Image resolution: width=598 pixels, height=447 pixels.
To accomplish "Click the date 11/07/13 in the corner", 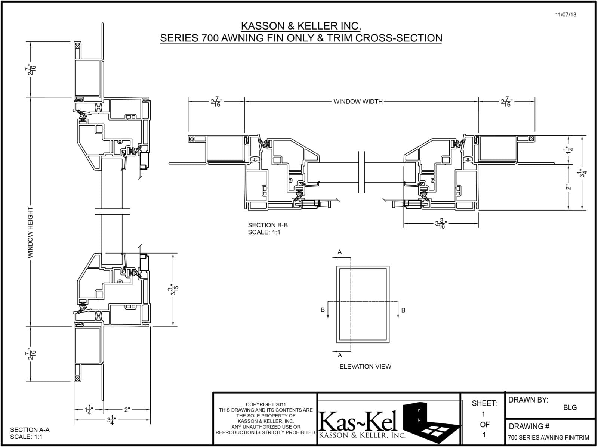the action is pyautogui.click(x=566, y=15).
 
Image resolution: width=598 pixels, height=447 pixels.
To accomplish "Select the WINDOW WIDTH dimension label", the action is pyautogui.click(x=358, y=102).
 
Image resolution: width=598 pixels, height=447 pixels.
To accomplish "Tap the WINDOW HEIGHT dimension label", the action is pyautogui.click(x=30, y=233).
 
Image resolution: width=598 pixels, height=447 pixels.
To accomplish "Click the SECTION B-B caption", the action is pyautogui.click(x=268, y=225).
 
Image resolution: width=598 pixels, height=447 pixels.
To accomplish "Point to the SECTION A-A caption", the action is pyautogui.click(x=30, y=430).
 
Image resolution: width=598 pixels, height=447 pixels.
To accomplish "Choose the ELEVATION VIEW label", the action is pyautogui.click(x=365, y=366).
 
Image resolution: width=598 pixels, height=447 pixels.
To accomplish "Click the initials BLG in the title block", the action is pyautogui.click(x=570, y=407).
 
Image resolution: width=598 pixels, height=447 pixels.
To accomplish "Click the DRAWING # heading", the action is pyautogui.click(x=529, y=426).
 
